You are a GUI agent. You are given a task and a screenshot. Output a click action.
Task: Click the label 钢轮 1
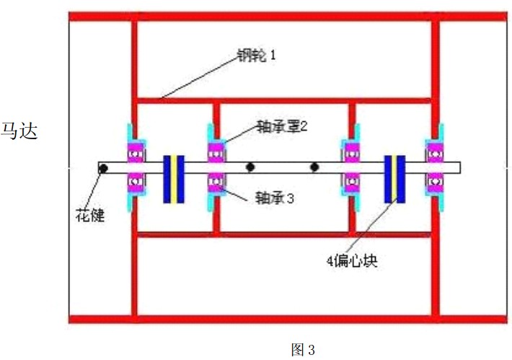click(257, 56)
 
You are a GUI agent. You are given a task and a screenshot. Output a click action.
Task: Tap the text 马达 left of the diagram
click(19, 131)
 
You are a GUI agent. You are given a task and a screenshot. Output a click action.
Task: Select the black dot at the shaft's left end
click(104, 168)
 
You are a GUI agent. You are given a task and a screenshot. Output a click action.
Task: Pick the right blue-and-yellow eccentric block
click(394, 179)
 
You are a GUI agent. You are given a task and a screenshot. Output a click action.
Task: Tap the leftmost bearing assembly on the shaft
click(135, 167)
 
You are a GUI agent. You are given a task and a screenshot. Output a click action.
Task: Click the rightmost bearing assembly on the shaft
click(435, 167)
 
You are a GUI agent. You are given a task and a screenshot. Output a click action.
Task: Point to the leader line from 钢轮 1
click(198, 76)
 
